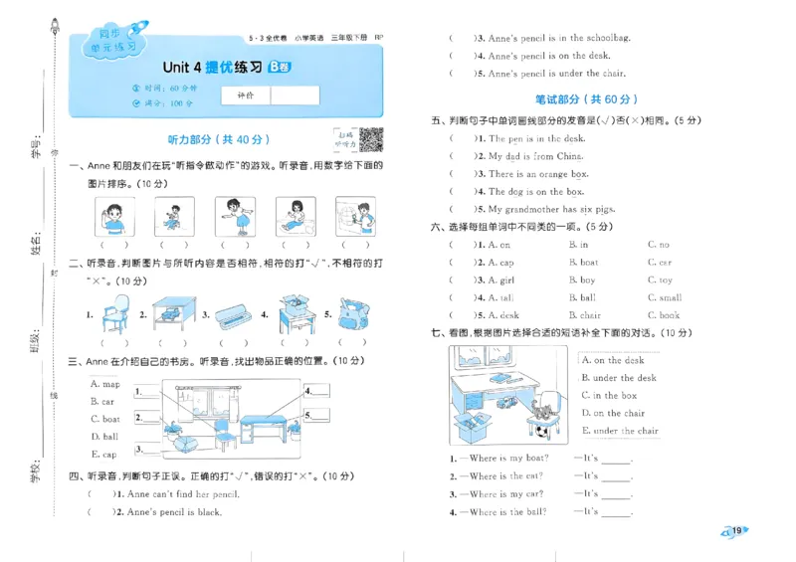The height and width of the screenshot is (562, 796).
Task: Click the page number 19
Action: click(735, 531)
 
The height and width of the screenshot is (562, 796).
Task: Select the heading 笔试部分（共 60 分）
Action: click(585, 99)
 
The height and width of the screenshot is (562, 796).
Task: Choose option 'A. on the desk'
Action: click(613, 360)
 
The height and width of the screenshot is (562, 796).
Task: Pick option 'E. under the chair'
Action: click(620, 431)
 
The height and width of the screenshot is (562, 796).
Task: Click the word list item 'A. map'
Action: click(104, 384)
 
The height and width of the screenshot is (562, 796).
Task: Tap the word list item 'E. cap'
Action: click(103, 454)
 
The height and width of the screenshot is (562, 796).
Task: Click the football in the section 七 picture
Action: click(541, 430)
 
